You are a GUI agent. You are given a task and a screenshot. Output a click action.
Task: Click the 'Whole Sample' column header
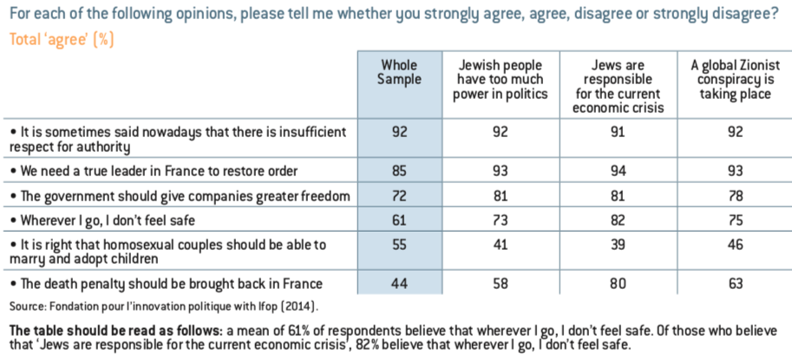click(399, 72)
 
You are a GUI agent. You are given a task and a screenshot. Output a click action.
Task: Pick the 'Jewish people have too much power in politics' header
click(501, 79)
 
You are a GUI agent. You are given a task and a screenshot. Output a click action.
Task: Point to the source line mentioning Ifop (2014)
click(164, 306)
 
